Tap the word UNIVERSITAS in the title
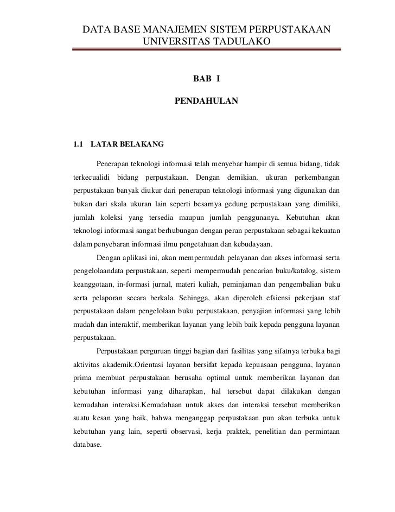[173, 41]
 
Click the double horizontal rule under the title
[207, 50]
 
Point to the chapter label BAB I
[206, 80]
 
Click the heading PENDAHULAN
[206, 100]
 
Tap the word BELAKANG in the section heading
[133, 145]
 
